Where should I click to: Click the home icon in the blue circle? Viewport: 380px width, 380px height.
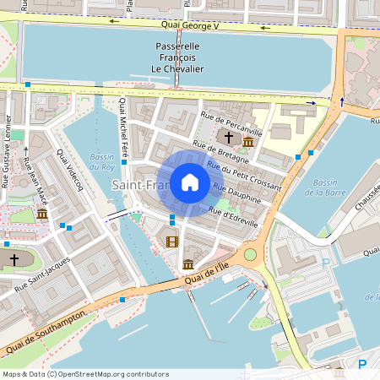tap(190, 182)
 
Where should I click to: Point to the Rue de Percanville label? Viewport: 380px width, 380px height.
tap(232, 123)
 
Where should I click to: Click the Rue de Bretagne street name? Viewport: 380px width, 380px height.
tap(221, 153)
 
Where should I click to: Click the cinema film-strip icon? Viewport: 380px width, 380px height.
tap(173, 242)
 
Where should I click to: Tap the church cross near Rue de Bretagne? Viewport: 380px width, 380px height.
tap(228, 136)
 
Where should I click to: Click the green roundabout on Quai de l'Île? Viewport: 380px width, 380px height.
tap(250, 254)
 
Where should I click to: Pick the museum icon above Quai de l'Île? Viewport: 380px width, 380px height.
tap(187, 265)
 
